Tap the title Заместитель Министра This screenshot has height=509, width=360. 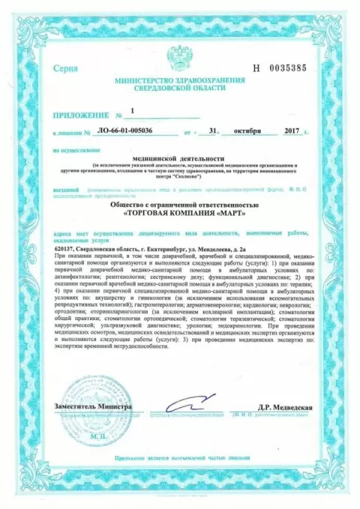tap(92, 406)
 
